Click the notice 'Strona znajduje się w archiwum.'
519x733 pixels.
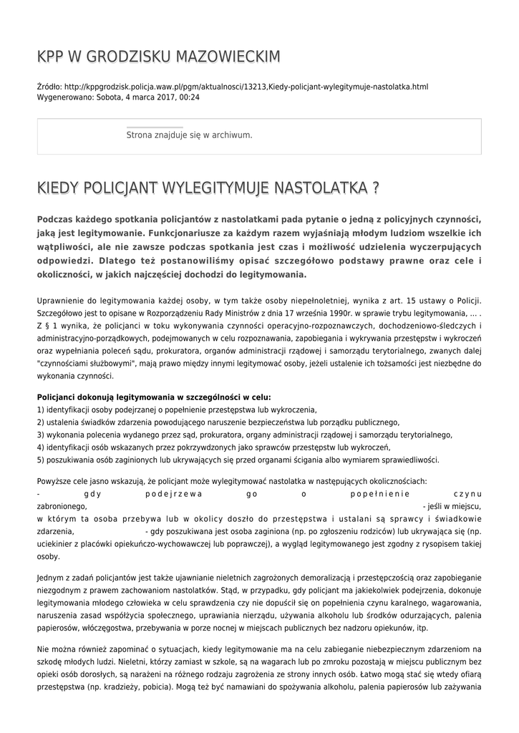189,135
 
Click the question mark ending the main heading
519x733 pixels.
375,188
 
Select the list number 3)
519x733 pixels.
40,435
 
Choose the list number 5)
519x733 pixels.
40,460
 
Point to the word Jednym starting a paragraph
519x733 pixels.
51,578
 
